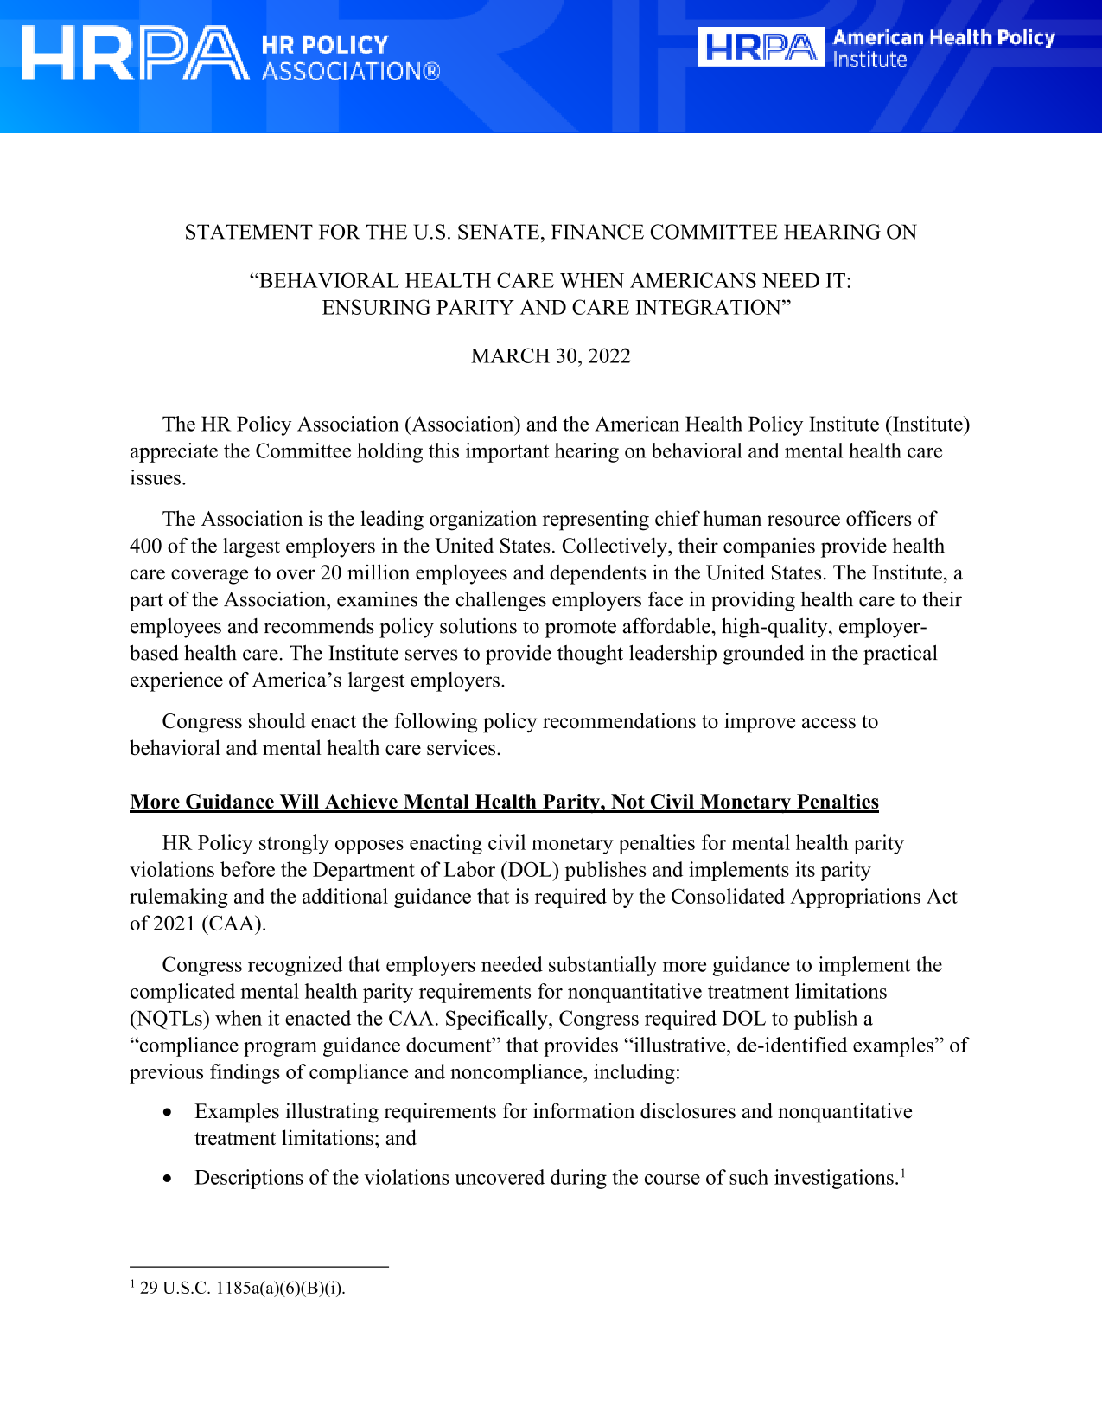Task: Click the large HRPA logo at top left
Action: (134, 54)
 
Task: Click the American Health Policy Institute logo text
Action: (942, 48)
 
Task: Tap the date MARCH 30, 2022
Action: (551, 356)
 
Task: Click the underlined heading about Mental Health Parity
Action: (504, 802)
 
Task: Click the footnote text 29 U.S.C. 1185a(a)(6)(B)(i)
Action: (242, 1288)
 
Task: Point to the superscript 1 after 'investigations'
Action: (902, 1173)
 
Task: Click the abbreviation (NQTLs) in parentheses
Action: (169, 1019)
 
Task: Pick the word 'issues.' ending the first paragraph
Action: (157, 478)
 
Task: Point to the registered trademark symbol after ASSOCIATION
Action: (431, 72)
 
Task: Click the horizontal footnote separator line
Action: (259, 1267)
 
